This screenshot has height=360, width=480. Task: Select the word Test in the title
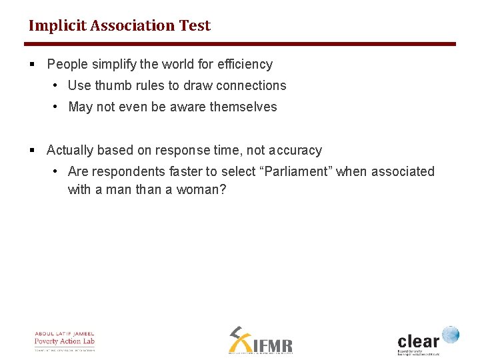[x=195, y=26]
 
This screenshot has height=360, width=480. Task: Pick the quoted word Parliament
[x=298, y=171]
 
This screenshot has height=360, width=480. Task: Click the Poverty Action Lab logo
[x=65, y=341]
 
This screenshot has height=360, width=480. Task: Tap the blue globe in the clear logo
[x=450, y=334]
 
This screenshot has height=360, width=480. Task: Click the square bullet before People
[x=32, y=65]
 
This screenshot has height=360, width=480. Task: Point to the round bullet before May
[x=56, y=107]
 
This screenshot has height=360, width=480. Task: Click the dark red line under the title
[x=240, y=44]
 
